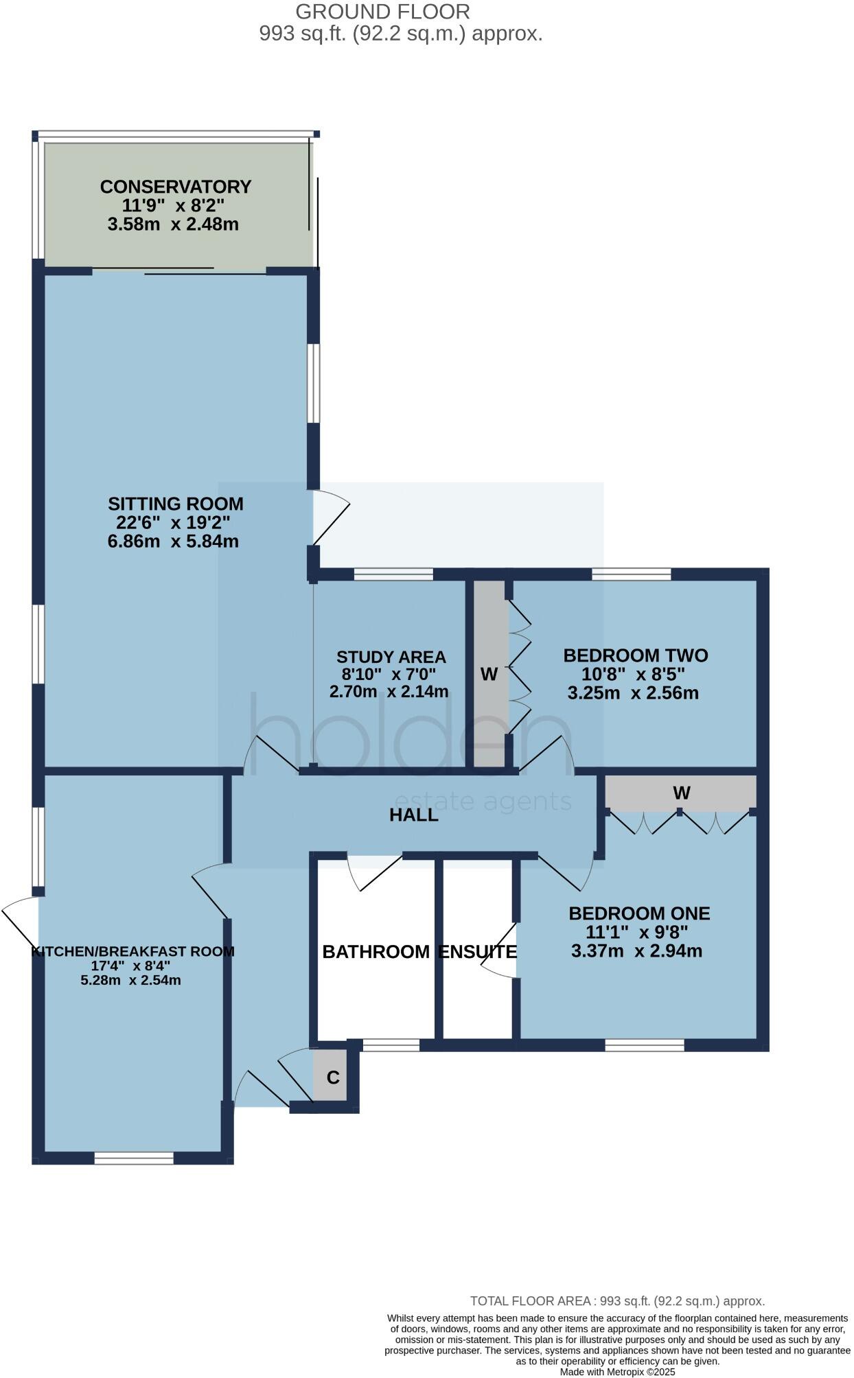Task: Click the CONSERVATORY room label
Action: (176, 187)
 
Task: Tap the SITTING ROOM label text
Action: (176, 504)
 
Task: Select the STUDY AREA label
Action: (391, 657)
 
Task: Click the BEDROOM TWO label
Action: (635, 655)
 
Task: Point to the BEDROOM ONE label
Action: (639, 913)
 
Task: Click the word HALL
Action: (413, 815)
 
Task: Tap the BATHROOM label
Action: (376, 952)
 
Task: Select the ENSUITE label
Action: (477, 952)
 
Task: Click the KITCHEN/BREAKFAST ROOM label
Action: (133, 952)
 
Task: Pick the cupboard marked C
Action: (333, 1077)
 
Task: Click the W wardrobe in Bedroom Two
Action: (489, 675)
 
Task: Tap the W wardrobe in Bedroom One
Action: (681, 793)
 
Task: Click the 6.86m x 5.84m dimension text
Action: (173, 541)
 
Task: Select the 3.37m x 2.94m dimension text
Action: (636, 951)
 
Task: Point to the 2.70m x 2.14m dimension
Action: (389, 692)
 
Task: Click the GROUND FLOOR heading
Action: (382, 12)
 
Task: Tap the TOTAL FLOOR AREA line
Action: (617, 1301)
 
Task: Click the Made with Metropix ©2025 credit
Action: (617, 1372)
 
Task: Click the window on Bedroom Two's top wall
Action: (632, 574)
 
